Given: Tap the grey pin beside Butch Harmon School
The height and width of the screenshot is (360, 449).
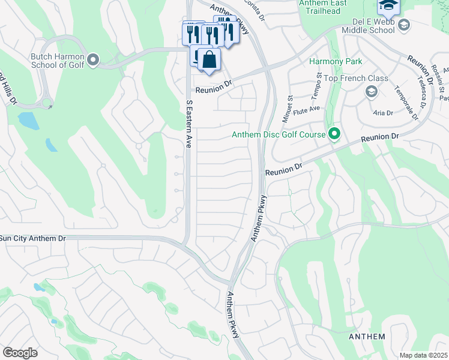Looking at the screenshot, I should (x=93, y=59).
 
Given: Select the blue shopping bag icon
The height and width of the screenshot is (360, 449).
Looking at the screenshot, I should (x=209, y=60).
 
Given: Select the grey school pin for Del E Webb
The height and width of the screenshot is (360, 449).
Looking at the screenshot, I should (x=403, y=25).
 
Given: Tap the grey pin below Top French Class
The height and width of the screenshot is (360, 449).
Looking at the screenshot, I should (x=371, y=91).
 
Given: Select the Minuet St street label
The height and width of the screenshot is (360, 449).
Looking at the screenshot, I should (x=289, y=106).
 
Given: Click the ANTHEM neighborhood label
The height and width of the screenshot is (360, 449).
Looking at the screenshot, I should (x=367, y=337).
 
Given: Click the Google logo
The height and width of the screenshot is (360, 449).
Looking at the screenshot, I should (x=20, y=353).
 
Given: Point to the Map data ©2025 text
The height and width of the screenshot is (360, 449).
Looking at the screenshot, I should (x=423, y=355).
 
